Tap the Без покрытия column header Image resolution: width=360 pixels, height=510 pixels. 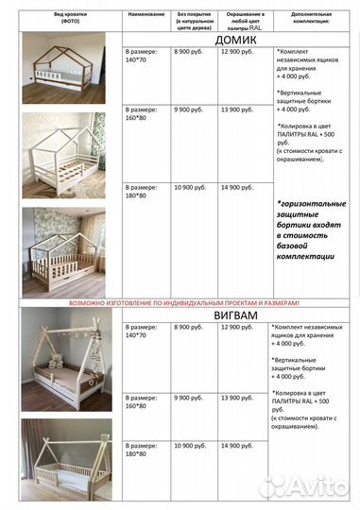pos(193,22)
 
